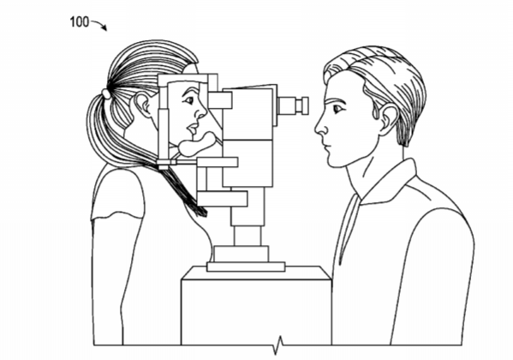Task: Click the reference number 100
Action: pos(79,22)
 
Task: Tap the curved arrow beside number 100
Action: pos(100,24)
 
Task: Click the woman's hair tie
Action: pos(106,93)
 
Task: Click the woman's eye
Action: pos(188,100)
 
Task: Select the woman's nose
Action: pos(200,112)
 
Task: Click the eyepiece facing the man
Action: pos(293,105)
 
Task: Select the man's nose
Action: pos(321,125)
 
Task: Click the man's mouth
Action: pos(325,146)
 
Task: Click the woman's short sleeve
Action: pos(118,192)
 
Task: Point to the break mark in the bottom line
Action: pos(278,345)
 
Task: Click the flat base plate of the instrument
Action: pos(246,267)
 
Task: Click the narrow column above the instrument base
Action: pos(248,236)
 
